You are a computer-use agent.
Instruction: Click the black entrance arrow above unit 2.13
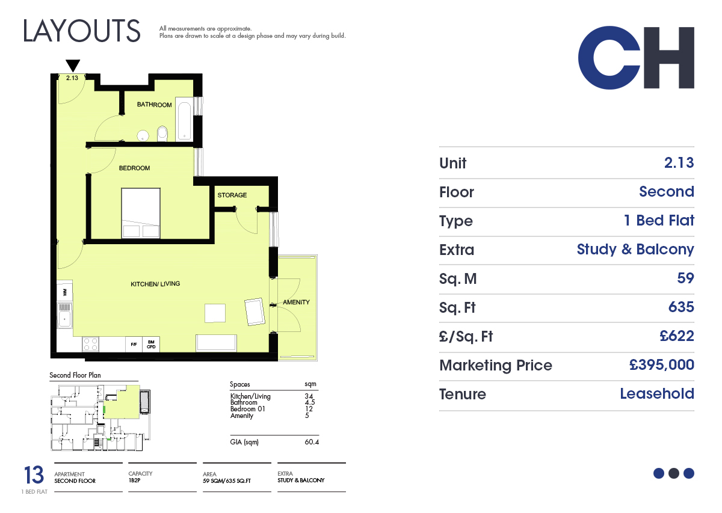click(73, 66)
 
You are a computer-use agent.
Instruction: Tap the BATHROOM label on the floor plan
click(154, 105)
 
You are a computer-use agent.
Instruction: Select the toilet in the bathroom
click(162, 134)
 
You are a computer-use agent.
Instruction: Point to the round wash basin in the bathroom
click(143, 136)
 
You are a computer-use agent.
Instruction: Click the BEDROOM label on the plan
click(134, 168)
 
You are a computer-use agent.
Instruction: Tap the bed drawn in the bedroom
click(141, 213)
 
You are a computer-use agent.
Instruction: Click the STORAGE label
click(232, 195)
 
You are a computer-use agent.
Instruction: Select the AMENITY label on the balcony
click(296, 303)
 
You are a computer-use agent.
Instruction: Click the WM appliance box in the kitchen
click(65, 292)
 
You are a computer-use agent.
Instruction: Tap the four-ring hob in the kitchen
click(90, 344)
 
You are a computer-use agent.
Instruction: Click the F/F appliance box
click(134, 345)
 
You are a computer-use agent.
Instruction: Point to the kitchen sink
click(64, 316)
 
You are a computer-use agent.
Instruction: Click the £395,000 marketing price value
click(661, 365)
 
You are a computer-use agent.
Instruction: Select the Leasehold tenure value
click(657, 393)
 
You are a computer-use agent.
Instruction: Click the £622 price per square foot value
click(676, 336)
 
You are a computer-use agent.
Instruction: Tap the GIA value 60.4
click(312, 442)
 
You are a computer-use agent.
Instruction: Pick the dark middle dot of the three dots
click(674, 473)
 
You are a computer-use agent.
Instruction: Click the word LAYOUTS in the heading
click(82, 31)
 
